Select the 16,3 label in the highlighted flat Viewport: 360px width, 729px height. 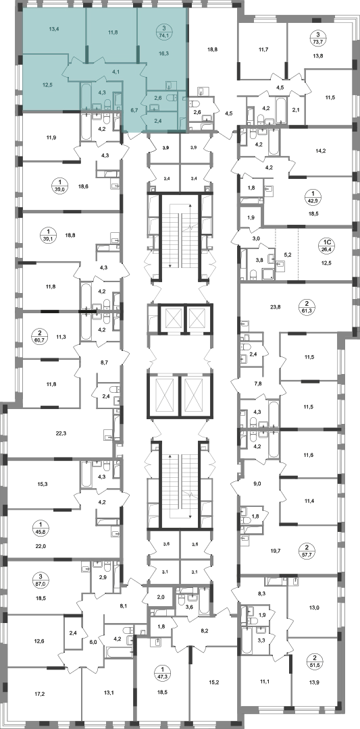tap(163, 53)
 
